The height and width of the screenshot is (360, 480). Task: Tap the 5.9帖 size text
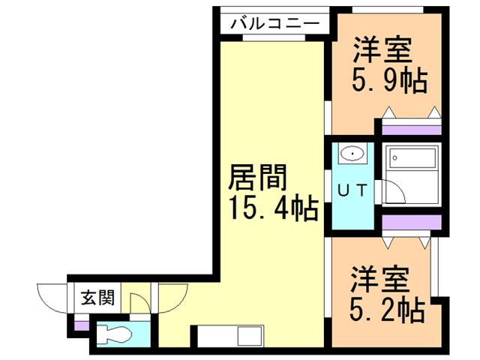click(389, 79)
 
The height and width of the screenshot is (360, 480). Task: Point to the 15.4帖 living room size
click(271, 207)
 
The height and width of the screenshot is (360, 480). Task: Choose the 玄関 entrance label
click(97, 298)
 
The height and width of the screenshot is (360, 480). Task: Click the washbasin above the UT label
click(351, 154)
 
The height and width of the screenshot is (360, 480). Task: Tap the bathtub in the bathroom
click(411, 159)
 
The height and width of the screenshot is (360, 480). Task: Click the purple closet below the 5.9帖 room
click(410, 127)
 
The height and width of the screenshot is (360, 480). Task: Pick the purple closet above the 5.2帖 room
click(410, 223)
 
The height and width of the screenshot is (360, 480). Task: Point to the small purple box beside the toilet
click(80, 326)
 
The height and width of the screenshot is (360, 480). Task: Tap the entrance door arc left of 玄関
click(51, 298)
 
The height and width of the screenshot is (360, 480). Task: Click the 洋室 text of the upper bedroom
click(382, 52)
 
